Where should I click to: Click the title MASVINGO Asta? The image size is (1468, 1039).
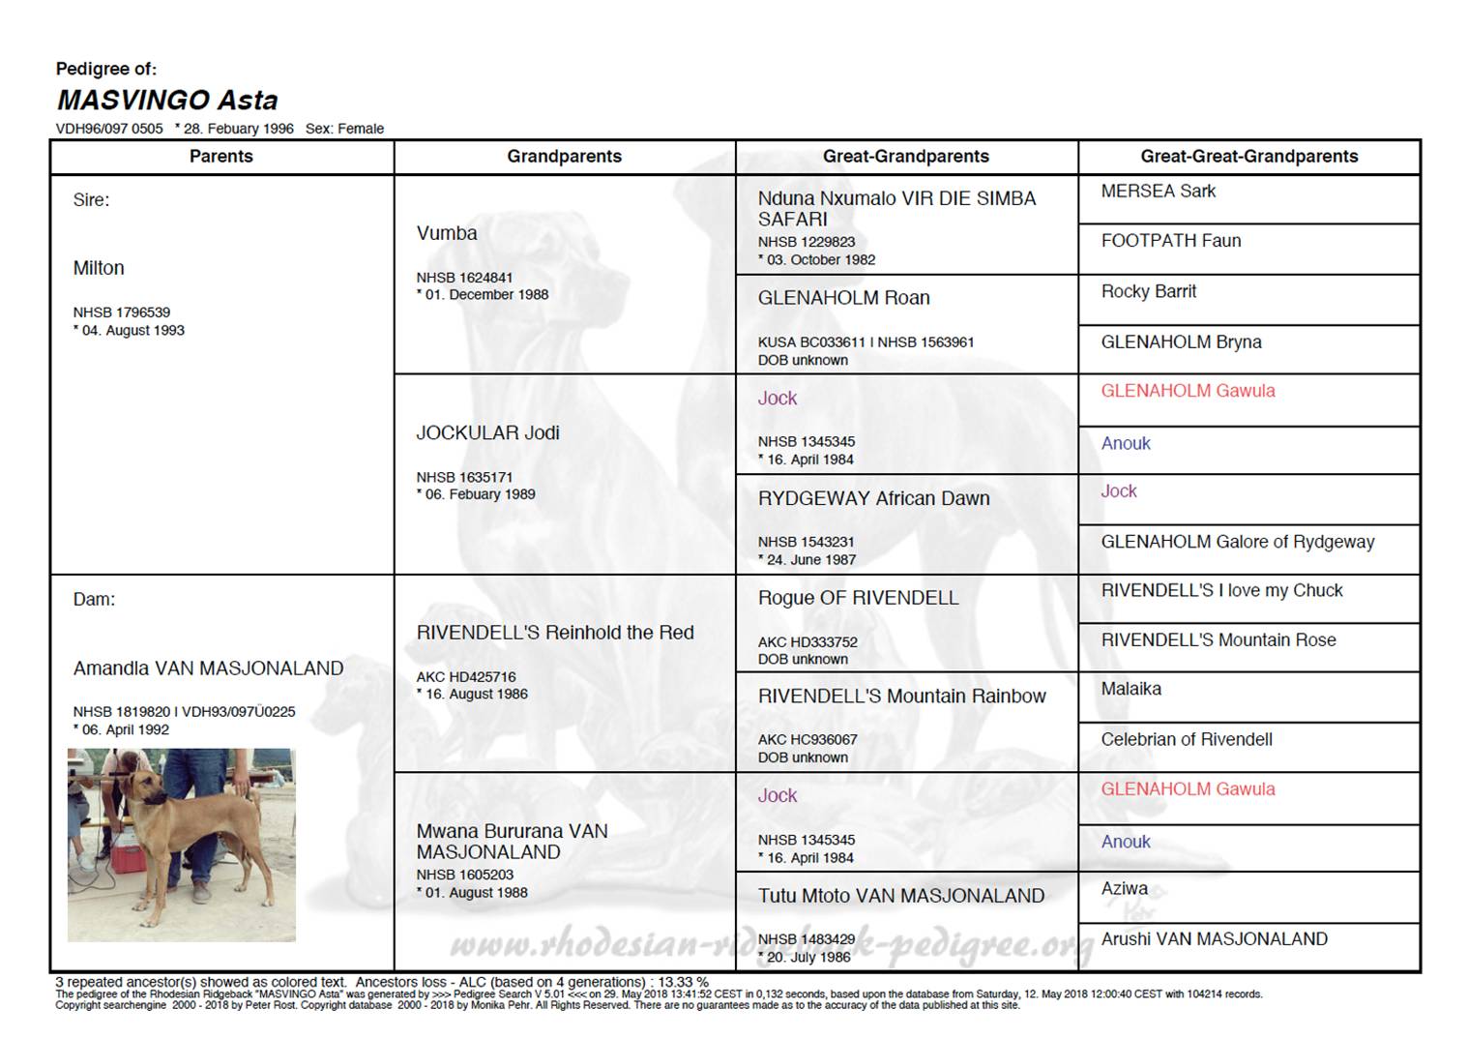167,100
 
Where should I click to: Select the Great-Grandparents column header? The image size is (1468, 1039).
905,157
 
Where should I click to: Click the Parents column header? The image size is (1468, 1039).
220,157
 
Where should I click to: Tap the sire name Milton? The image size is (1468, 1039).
99,268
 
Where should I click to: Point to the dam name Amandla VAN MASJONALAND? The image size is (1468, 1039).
208,668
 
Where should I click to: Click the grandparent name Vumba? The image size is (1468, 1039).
447,233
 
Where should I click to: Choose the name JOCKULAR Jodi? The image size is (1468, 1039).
487,433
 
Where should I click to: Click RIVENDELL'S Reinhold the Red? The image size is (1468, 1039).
555,633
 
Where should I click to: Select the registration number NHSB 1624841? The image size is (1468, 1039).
464,278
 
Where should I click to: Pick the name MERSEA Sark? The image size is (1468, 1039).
1158,192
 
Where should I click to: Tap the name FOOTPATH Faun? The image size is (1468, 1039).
1170,241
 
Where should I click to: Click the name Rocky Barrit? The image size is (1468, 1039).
1148,291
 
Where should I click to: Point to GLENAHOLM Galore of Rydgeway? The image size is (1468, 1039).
1237,542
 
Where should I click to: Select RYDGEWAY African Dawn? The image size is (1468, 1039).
873,499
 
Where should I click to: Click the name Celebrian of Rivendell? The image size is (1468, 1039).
1186,740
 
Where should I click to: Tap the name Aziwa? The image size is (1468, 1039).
1124,888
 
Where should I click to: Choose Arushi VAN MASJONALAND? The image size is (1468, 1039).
1214,939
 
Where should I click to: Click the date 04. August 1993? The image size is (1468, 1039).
132,331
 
